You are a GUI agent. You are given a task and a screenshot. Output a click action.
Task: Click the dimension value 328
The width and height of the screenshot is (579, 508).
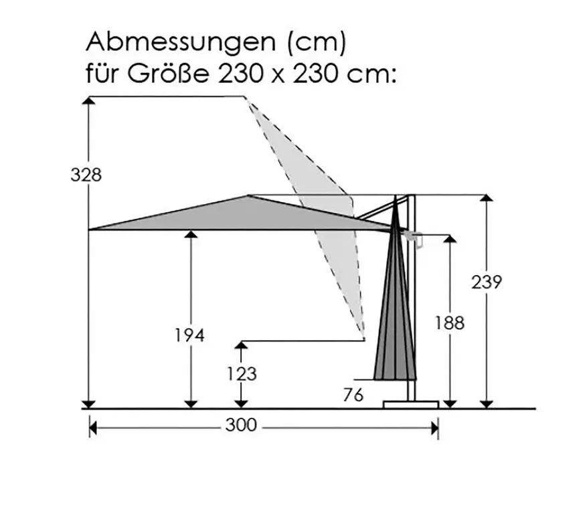tap(87, 175)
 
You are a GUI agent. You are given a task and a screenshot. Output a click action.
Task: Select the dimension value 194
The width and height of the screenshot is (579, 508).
tap(189, 336)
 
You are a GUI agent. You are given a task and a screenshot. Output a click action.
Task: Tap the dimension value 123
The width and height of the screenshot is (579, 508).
tap(242, 373)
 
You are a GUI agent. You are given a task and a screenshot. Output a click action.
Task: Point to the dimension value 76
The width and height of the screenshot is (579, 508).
tap(353, 396)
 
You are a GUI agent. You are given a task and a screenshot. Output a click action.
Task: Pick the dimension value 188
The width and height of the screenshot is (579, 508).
tap(448, 323)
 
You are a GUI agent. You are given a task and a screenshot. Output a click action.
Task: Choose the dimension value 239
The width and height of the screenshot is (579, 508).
tap(487, 282)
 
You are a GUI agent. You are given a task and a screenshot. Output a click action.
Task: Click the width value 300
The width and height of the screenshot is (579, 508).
tap(241, 426)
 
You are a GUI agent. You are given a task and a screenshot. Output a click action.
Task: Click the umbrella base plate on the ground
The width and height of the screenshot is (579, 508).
tap(410, 404)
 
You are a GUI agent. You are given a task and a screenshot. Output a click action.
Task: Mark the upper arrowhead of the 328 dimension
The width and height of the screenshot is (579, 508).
tap(88, 101)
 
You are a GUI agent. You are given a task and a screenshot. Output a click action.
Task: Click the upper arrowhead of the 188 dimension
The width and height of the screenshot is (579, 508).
tap(450, 239)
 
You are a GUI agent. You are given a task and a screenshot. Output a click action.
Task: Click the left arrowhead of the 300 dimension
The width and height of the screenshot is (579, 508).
tap(94, 426)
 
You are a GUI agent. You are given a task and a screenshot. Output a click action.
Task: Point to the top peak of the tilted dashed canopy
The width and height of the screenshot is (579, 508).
tap(246, 98)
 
